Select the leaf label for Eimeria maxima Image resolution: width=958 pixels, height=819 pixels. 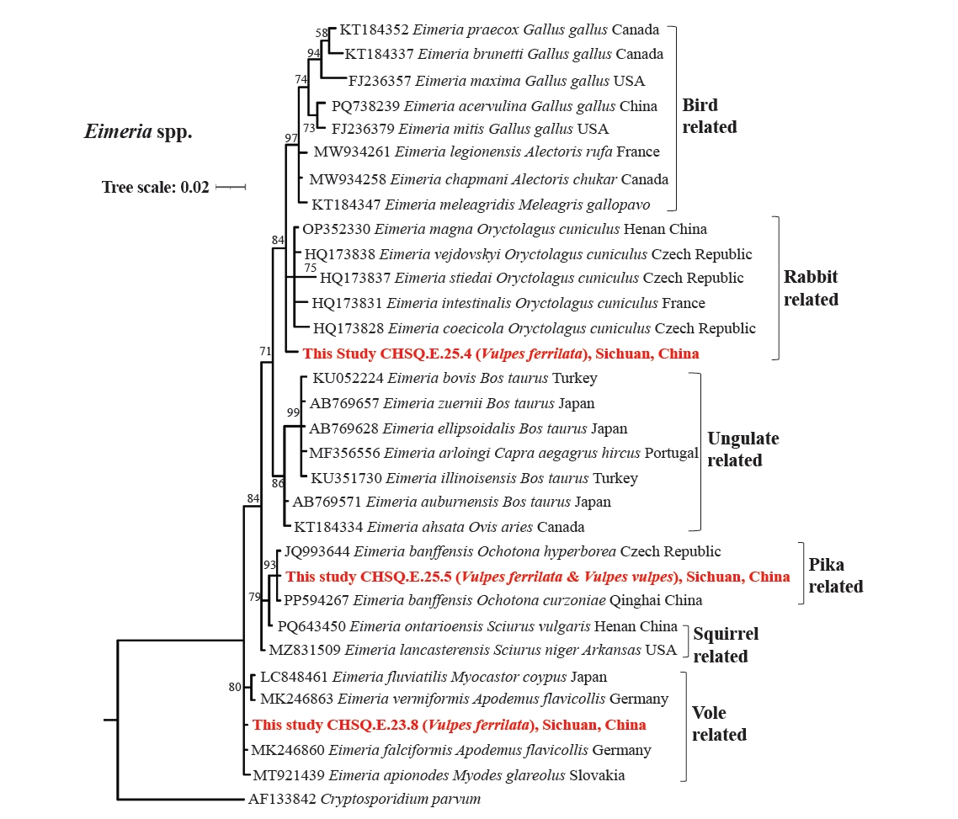pyautogui.click(x=496, y=81)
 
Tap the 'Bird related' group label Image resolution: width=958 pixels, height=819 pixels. pyautogui.click(x=710, y=116)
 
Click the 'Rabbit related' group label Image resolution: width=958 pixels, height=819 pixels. pyautogui.click(x=811, y=288)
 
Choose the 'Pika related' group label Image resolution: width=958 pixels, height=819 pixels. pyautogui.click(x=836, y=575)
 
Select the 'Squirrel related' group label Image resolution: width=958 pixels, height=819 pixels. pyautogui.click(x=726, y=645)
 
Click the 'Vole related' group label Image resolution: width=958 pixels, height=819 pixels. pyautogui.click(x=719, y=723)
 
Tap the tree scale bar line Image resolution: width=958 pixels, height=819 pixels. pyautogui.click(x=231, y=187)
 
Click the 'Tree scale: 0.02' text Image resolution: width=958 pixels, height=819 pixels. pyautogui.click(x=155, y=187)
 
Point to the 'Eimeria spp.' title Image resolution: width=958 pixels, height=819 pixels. pyautogui.click(x=138, y=131)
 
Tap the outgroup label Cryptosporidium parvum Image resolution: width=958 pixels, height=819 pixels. pyautogui.click(x=365, y=799)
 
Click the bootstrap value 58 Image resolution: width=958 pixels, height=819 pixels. pyautogui.click(x=322, y=33)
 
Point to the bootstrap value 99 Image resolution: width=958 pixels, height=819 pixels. pyautogui.click(x=293, y=412)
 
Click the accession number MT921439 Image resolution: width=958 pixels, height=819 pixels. pyautogui.click(x=289, y=775)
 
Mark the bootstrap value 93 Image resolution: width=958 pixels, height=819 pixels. pyautogui.click(x=270, y=565)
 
